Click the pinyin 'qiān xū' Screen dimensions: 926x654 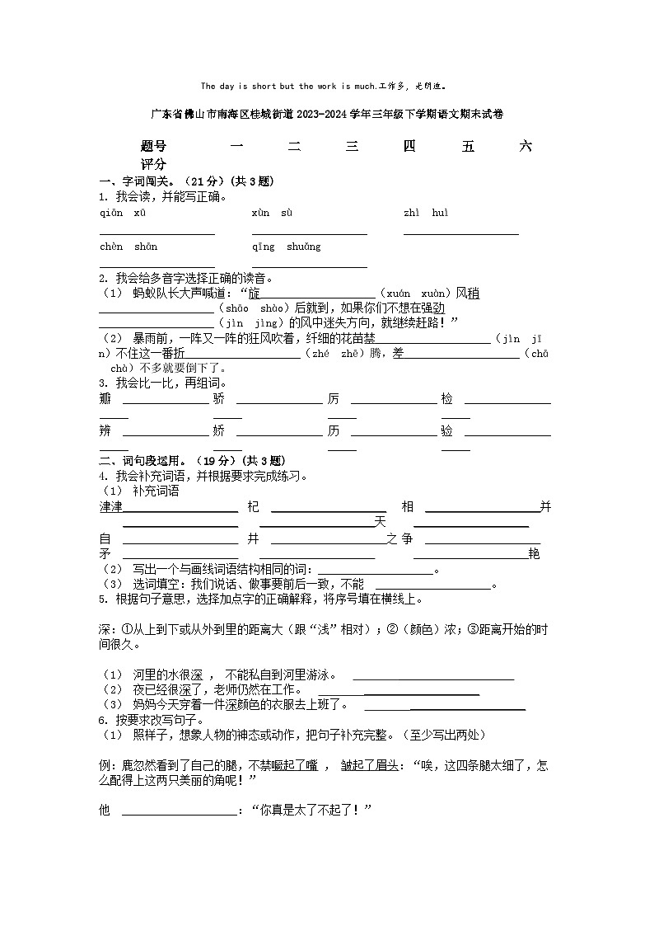[123, 214]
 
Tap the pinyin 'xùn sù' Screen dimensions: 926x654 [273, 214]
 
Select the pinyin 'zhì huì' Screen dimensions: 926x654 [426, 214]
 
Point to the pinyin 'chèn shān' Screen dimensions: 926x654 [128, 247]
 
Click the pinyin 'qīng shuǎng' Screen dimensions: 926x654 [287, 247]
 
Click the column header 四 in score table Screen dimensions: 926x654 [409, 147]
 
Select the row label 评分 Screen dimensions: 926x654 [153, 164]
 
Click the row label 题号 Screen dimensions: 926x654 [153, 147]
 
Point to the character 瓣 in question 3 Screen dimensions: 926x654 [105, 399]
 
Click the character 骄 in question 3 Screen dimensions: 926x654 [218, 399]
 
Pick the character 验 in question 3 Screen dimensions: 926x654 [446, 431]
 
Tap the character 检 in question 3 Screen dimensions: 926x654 [446, 399]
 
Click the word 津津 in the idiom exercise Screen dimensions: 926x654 [110, 506]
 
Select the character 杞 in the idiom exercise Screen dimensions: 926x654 [253, 506]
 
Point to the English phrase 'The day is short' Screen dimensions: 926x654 [240, 86]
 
